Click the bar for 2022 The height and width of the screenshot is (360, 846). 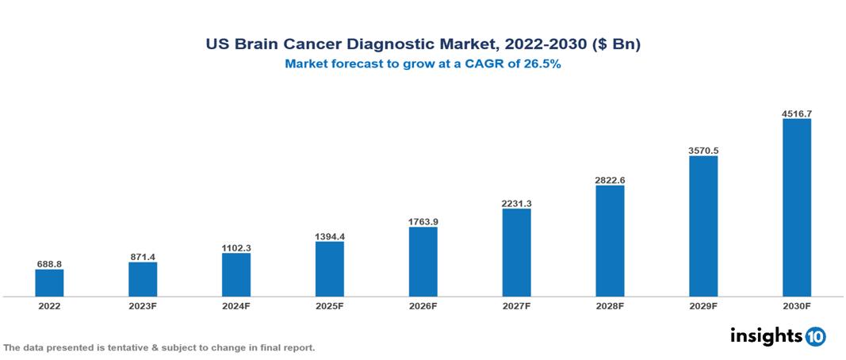pyautogui.click(x=49, y=283)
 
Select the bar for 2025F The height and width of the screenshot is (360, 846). pyautogui.click(x=330, y=269)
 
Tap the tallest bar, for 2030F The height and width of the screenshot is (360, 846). pyautogui.click(x=797, y=208)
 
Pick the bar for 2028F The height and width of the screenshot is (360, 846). pyautogui.click(x=610, y=241)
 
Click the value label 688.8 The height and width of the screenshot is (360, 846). pyautogui.click(x=49, y=263)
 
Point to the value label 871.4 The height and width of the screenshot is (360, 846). pyautogui.click(x=143, y=256)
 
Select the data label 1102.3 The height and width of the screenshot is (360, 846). pyautogui.click(x=236, y=247)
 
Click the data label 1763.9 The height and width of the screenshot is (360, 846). pyautogui.click(x=423, y=221)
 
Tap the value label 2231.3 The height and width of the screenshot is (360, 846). pyautogui.click(x=516, y=203)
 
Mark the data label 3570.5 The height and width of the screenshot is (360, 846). pyautogui.click(x=703, y=150)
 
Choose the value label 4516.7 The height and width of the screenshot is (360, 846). pyautogui.click(x=797, y=113)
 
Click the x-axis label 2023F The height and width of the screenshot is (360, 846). pyautogui.click(x=143, y=306)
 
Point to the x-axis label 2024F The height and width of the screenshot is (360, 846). pyautogui.click(x=236, y=306)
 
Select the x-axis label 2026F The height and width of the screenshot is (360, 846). pyautogui.click(x=423, y=306)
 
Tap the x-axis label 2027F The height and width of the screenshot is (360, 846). pyautogui.click(x=516, y=306)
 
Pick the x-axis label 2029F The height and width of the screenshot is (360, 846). pyautogui.click(x=703, y=306)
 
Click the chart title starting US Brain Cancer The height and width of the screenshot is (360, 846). pyautogui.click(x=423, y=45)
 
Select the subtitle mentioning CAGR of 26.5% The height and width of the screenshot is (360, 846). pyautogui.click(x=423, y=65)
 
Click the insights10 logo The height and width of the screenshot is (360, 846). pyautogui.click(x=778, y=335)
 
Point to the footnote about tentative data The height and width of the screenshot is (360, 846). pyautogui.click(x=159, y=348)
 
